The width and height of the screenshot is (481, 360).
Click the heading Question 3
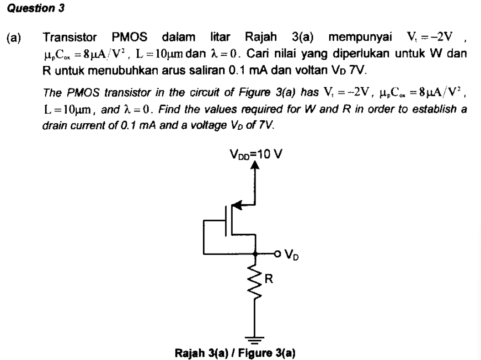[x=34, y=9]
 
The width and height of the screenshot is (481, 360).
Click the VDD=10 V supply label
[x=255, y=154]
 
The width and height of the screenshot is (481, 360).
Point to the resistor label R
[x=269, y=279]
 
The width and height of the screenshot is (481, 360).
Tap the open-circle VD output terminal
[x=278, y=253]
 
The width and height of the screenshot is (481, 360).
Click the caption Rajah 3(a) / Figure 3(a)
[x=235, y=353]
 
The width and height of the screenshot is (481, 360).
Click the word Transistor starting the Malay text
[x=68, y=37]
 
